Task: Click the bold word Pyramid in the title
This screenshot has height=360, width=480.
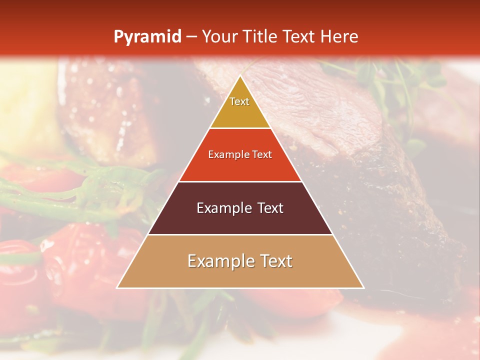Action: coord(147,36)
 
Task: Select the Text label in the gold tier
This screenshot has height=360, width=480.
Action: coord(239,101)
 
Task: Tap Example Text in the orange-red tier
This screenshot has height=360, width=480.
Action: coord(240,154)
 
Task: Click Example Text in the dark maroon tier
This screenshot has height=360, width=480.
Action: coord(240,208)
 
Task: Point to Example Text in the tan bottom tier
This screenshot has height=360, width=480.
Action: coord(240,261)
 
